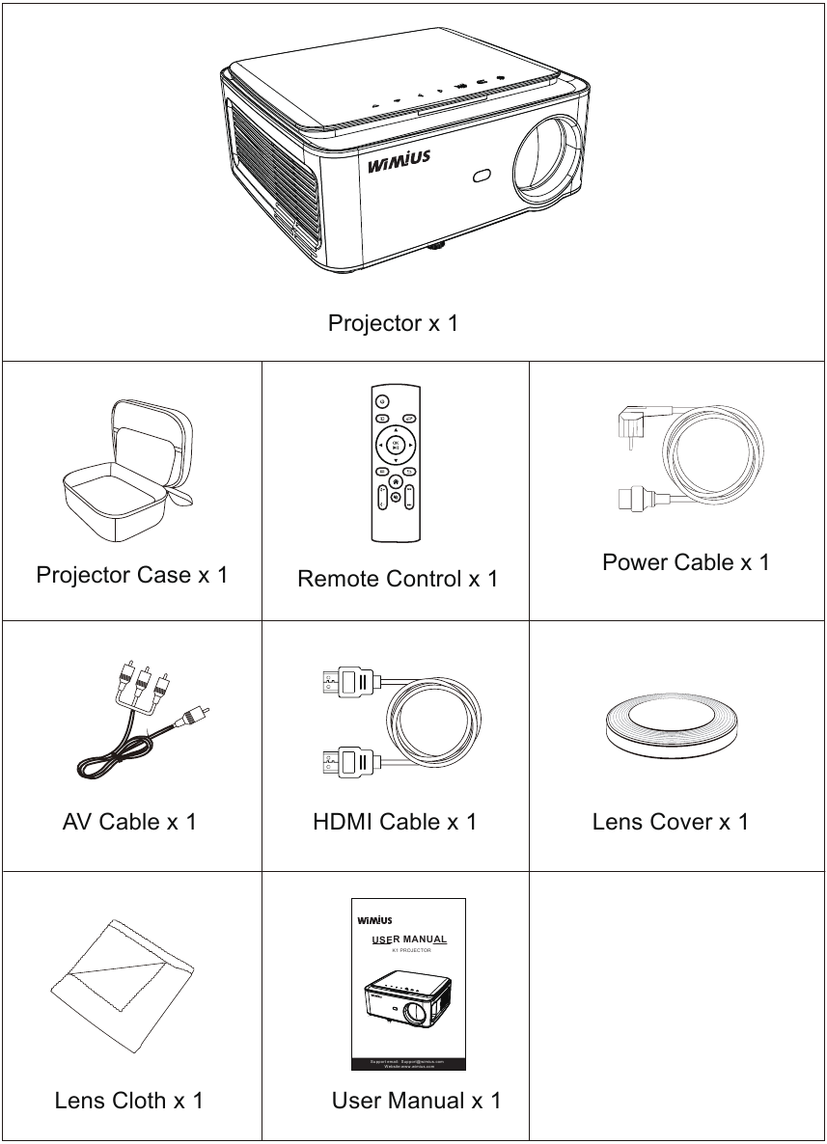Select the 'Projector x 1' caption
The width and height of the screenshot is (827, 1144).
(393, 322)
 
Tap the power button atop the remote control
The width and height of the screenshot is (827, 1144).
(382, 401)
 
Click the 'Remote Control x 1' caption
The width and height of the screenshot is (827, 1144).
(398, 579)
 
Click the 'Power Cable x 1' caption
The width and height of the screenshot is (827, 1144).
(685, 562)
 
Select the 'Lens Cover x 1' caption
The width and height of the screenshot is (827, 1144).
(670, 822)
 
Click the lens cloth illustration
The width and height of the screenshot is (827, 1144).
(123, 984)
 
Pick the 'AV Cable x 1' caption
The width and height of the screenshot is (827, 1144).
(129, 822)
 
